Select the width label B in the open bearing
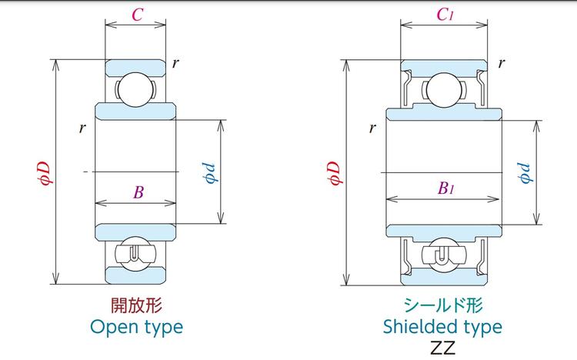coord(138,192)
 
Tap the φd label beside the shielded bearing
coord(525,172)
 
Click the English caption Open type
coord(137,326)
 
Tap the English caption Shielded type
coord(442,326)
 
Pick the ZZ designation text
coord(443,347)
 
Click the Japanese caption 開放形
coord(137,305)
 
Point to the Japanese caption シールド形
coord(443,305)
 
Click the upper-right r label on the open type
coord(175,63)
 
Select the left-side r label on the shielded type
coord(372,128)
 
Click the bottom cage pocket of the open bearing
coord(135,254)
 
